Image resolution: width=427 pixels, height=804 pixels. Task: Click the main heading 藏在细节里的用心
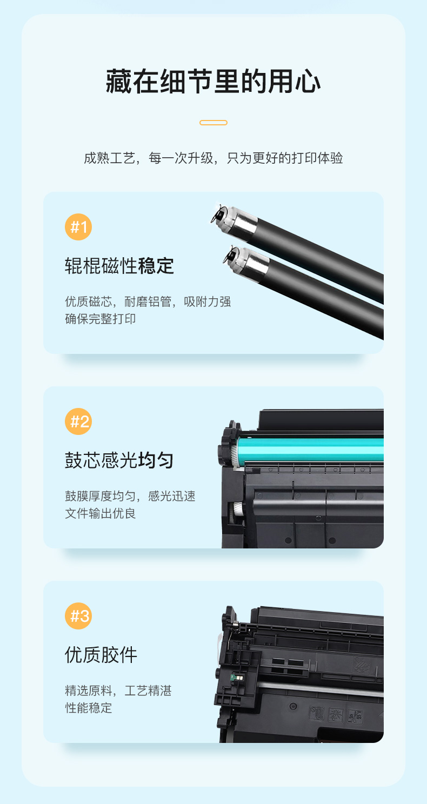(213, 82)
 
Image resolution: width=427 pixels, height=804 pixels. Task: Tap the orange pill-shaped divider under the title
(213, 123)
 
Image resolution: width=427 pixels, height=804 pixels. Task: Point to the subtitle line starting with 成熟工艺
(213, 158)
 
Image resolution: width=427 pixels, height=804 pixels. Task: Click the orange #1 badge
(78, 227)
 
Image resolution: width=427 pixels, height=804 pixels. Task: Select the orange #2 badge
(78, 421)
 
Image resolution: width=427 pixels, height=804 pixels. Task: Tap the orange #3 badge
(78, 616)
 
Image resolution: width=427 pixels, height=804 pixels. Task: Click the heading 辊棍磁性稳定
(119, 266)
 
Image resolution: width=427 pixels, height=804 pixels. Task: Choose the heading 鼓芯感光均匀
(119, 460)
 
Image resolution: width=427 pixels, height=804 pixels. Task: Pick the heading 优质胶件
(101, 655)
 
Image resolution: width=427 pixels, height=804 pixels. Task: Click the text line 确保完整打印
(101, 319)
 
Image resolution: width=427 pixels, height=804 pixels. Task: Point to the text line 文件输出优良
(101, 513)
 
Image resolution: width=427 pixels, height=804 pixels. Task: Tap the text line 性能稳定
(89, 708)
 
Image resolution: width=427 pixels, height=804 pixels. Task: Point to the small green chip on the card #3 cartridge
(237, 678)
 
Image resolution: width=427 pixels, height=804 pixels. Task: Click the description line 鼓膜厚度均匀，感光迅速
(130, 496)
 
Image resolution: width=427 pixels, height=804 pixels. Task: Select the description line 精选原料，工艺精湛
(118, 691)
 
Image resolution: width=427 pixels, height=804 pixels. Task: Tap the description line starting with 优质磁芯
(148, 301)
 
